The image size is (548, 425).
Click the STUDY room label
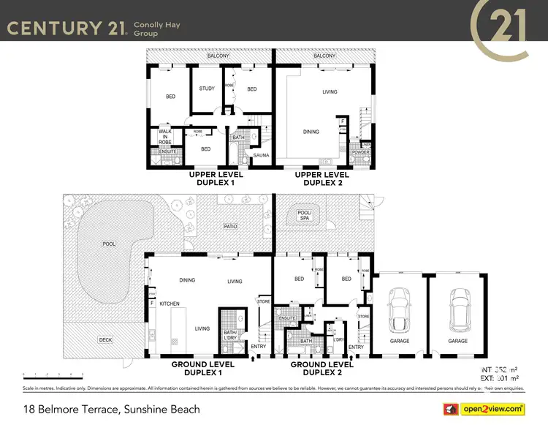(x=207, y=89)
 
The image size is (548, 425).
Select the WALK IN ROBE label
(x=164, y=137)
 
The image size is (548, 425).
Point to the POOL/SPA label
(x=303, y=216)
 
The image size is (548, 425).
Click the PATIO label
(x=231, y=227)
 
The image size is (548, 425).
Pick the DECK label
(x=107, y=339)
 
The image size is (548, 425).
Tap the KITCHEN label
(x=170, y=304)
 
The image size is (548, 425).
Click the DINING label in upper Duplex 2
(x=312, y=132)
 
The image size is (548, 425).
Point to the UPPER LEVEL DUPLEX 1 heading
(x=216, y=178)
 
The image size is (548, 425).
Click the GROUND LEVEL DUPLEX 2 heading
(x=321, y=367)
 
